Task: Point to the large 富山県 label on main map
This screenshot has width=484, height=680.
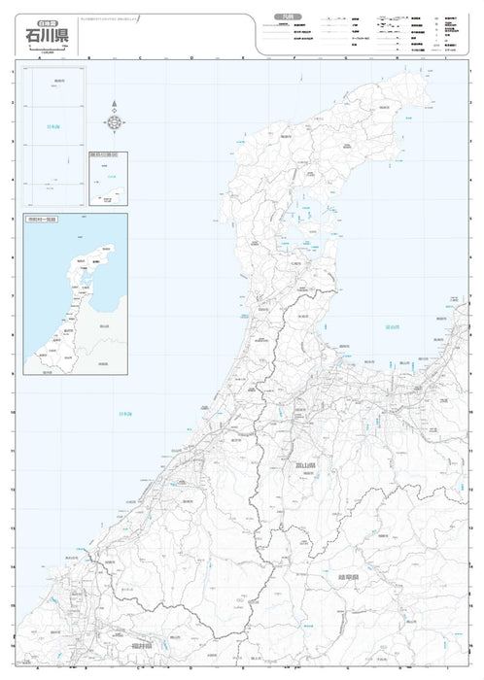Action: (308, 466)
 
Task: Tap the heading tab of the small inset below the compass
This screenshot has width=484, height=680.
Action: (103, 153)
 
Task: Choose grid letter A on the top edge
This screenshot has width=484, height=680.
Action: (39, 58)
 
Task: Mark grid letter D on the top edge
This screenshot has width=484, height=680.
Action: (191, 58)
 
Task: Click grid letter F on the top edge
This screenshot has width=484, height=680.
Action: (294, 58)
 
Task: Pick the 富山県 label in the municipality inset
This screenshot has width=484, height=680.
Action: (103, 326)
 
